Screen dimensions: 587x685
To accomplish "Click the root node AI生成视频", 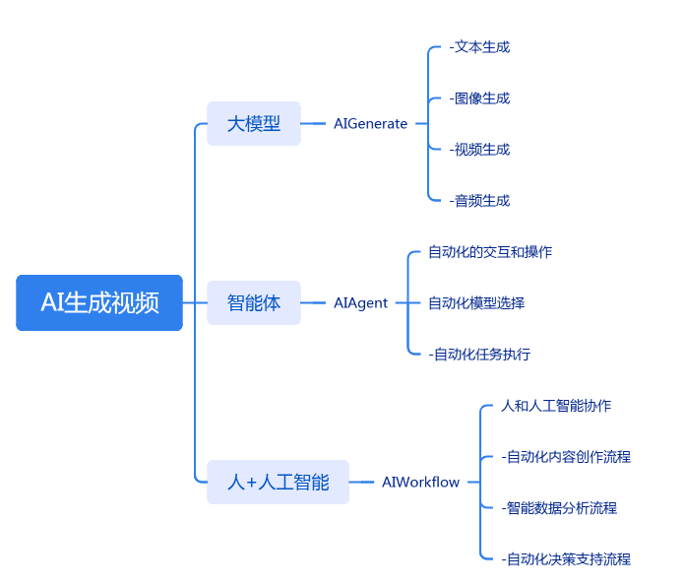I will [99, 302].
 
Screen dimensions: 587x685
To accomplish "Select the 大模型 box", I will [254, 124].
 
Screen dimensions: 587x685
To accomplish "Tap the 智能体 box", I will [254, 302].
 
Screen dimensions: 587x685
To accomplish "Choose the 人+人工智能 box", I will [278, 483].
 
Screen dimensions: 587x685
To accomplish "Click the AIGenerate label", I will [370, 124].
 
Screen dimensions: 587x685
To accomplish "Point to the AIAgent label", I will [360, 302].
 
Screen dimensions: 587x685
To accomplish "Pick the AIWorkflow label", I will [420, 483].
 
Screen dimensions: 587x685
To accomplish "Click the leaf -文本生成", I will [479, 46].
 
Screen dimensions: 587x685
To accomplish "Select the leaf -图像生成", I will [479, 98].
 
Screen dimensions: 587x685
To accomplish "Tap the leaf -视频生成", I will [479, 149].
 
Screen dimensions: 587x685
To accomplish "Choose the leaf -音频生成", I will [479, 200].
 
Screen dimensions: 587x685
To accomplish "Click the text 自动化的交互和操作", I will [490, 251].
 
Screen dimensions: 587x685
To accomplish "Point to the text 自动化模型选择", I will [476, 302].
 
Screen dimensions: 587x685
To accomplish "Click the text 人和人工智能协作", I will [556, 406].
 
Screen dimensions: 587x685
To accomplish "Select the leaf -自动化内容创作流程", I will [566, 457].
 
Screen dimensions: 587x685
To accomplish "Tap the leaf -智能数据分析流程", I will [559, 508].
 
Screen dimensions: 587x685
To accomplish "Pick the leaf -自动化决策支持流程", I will [566, 559].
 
